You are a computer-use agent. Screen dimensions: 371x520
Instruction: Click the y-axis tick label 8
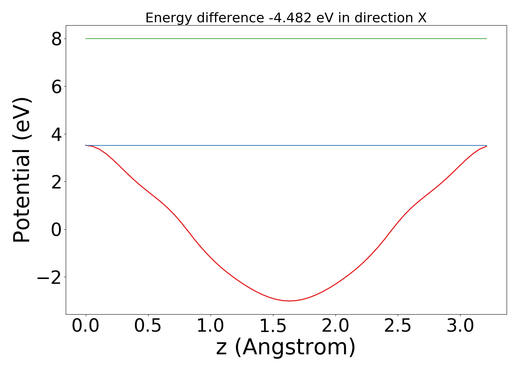pyautogui.click(x=56, y=39)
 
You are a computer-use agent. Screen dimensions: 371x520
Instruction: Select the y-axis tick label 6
pyautogui.click(x=56, y=86)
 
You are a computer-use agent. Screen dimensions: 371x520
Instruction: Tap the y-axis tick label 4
pyautogui.click(x=56, y=134)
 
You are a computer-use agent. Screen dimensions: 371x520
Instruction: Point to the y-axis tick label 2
pyautogui.click(x=56, y=182)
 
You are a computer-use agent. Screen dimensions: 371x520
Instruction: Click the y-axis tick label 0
pyautogui.click(x=56, y=230)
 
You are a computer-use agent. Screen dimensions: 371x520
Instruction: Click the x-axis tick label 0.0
pyautogui.click(x=86, y=326)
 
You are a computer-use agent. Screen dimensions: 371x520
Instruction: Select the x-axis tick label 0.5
pyautogui.click(x=148, y=326)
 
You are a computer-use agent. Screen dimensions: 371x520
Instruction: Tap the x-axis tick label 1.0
pyautogui.click(x=211, y=326)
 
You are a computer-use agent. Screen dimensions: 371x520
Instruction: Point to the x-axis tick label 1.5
pyautogui.click(x=273, y=326)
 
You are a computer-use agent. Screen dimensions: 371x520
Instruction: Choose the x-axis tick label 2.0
pyautogui.click(x=335, y=326)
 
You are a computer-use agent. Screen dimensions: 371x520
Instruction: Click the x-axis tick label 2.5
pyautogui.click(x=398, y=326)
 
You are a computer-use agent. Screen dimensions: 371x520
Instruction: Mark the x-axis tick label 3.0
pyautogui.click(x=460, y=326)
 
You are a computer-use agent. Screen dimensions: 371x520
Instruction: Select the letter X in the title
pyautogui.click(x=422, y=18)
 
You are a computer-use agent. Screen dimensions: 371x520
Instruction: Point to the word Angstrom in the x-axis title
pyautogui.click(x=295, y=348)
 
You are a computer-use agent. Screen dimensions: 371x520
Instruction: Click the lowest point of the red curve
pyautogui.click(x=290, y=301)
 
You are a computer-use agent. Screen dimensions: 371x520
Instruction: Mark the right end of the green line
pyautogui.click(x=487, y=39)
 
